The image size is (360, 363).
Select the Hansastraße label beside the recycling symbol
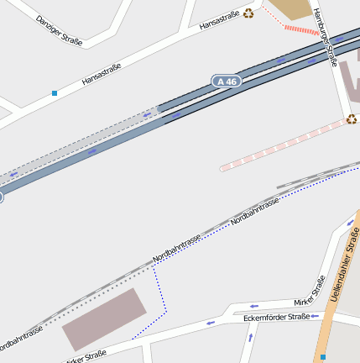point(219,20)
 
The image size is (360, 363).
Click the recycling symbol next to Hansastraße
point(248,13)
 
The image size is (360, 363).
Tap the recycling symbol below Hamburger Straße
point(351,119)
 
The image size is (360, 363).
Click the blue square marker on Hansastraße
point(55,92)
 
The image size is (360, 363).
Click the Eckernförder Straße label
point(276,318)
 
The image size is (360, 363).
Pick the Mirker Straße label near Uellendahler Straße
point(309,292)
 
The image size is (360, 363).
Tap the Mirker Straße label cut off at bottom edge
point(86,357)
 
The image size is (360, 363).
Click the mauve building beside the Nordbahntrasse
point(104,319)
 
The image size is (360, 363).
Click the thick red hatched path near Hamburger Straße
point(301,30)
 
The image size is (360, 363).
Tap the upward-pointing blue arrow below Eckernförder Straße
point(250,337)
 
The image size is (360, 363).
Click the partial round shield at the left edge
point(1,197)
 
